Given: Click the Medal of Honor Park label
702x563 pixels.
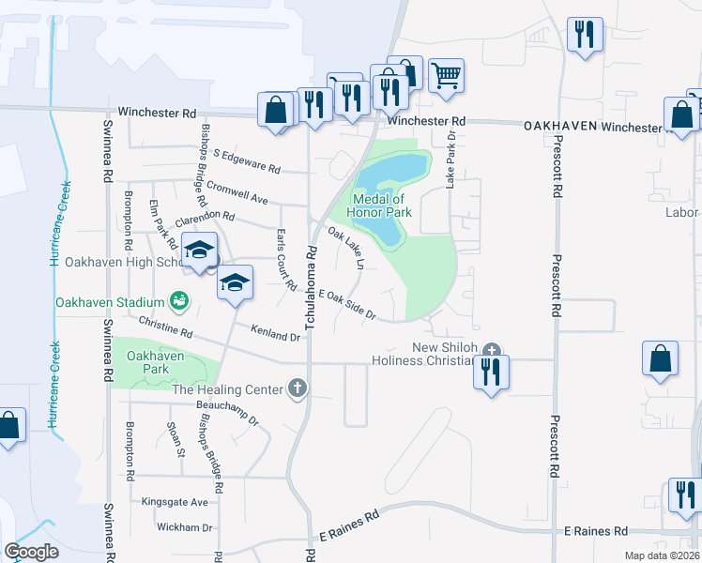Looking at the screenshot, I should [x=379, y=205].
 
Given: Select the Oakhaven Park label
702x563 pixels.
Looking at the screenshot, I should [x=153, y=363].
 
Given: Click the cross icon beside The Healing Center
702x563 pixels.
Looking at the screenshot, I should [x=298, y=388].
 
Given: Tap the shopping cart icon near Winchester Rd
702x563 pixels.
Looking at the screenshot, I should [x=447, y=75].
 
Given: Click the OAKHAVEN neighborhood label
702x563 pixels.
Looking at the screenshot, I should [x=560, y=126].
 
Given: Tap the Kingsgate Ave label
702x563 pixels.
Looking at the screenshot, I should [x=175, y=502].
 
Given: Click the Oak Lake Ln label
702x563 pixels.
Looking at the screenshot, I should [x=344, y=243].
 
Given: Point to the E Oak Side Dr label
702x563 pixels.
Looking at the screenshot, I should [x=348, y=305].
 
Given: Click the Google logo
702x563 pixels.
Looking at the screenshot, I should [x=31, y=551].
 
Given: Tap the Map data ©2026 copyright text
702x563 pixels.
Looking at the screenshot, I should [x=662, y=555].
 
